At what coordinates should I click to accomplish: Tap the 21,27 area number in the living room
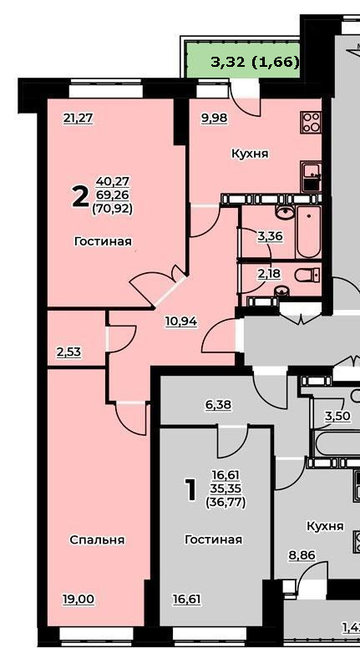[78, 119]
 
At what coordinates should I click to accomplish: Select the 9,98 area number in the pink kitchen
[214, 119]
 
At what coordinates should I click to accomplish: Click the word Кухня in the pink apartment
[250, 154]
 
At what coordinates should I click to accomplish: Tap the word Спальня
[97, 539]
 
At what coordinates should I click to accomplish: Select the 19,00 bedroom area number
[78, 600]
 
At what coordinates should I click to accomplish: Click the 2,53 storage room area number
[68, 352]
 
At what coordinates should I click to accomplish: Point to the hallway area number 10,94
[181, 321]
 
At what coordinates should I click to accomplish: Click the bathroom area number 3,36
[271, 236]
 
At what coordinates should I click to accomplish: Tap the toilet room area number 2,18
[269, 273]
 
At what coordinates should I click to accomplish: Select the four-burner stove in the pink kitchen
[311, 121]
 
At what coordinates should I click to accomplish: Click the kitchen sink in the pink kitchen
[311, 176]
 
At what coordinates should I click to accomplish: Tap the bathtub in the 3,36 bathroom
[308, 232]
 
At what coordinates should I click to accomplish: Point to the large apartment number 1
[190, 490]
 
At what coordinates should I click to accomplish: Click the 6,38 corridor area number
[218, 405]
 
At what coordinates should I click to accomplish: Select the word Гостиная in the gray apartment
[214, 539]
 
